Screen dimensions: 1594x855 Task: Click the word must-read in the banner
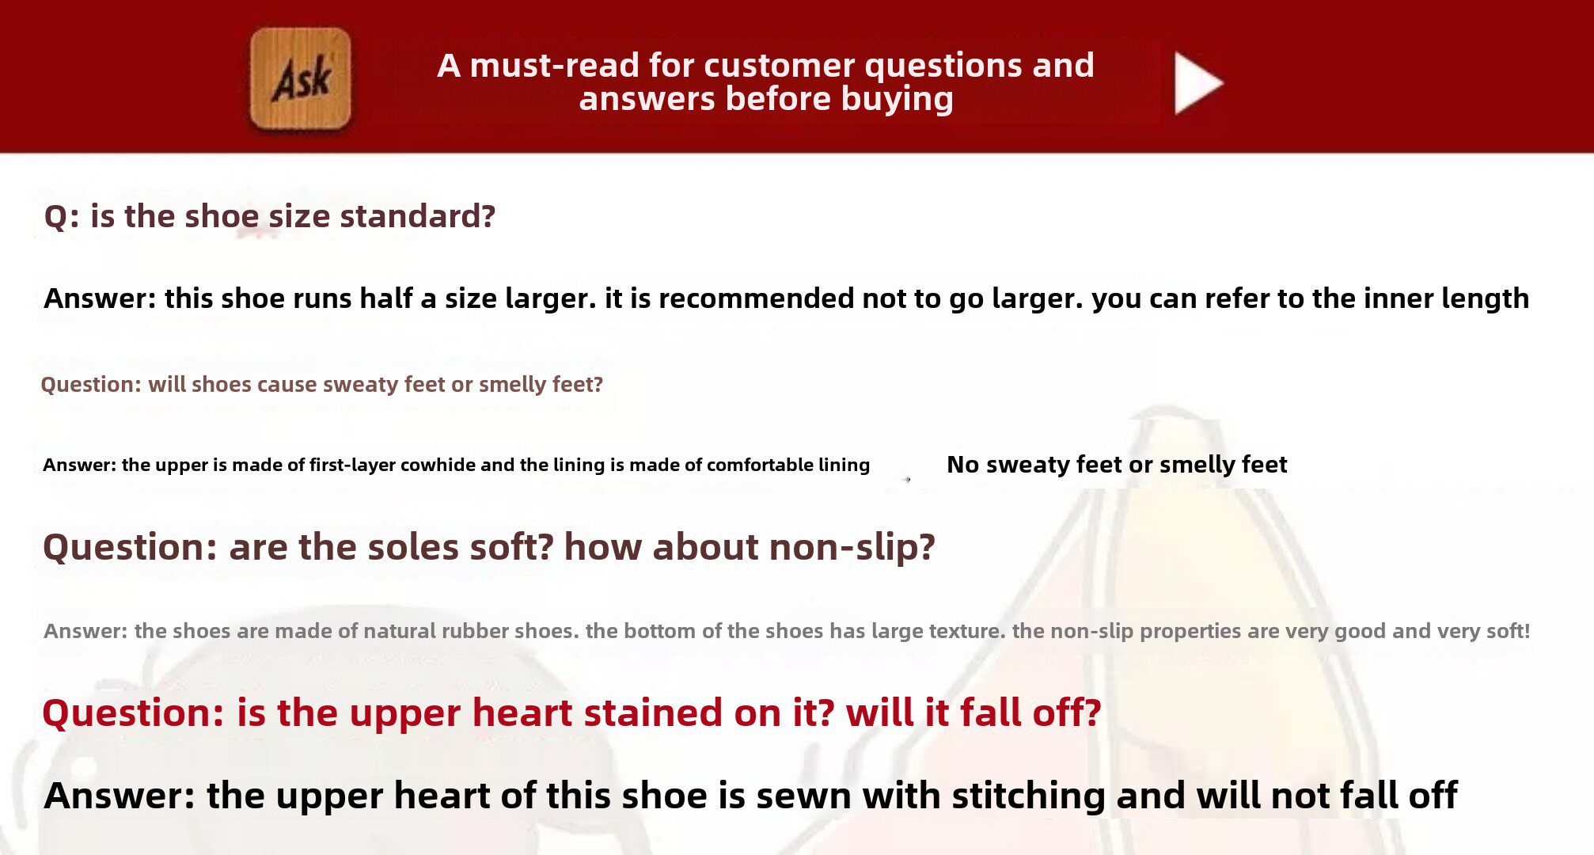tap(554, 65)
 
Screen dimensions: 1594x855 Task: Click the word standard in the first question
tap(417, 216)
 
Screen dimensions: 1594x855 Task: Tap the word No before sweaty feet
tap(962, 465)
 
